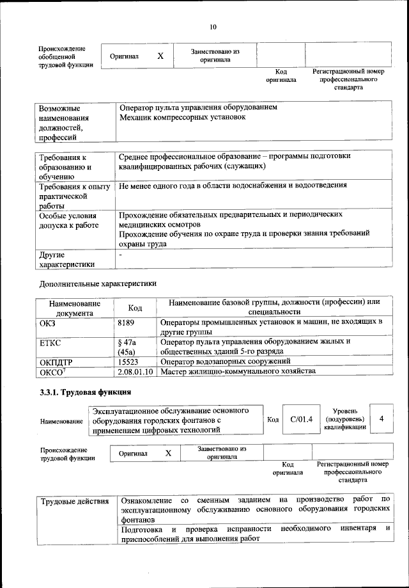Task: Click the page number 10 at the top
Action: [x=213, y=27]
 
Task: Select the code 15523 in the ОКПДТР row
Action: [x=130, y=362]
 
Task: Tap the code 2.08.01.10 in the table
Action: [x=137, y=372]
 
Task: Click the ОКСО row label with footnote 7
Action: [x=52, y=372]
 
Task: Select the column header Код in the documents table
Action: [x=135, y=308]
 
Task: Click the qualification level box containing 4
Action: [x=381, y=418]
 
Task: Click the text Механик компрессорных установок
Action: [x=182, y=118]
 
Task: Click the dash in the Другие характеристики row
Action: [x=120, y=255]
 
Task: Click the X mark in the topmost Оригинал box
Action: [x=160, y=56]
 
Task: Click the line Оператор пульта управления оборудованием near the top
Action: [x=198, y=107]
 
